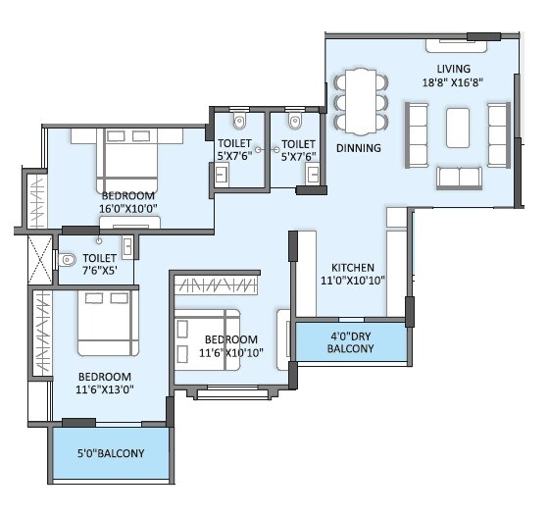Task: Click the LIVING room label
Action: point(454,68)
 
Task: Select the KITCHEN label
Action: point(352,267)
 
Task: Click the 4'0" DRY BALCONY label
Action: point(351,342)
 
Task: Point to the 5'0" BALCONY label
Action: point(111,453)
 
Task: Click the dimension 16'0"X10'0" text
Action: point(128,208)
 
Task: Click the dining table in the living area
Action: point(360,101)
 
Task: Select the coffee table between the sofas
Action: point(458,127)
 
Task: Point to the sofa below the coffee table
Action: point(458,177)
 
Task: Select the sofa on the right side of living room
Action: point(498,132)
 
